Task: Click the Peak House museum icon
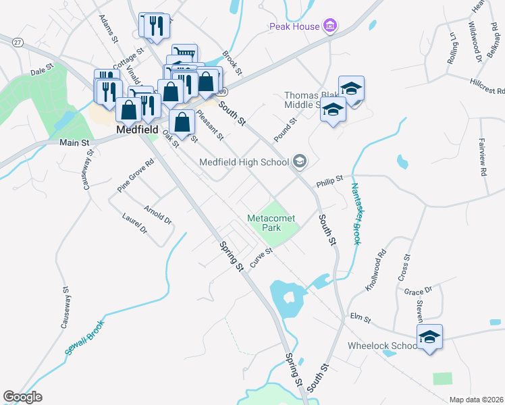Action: tap(329, 26)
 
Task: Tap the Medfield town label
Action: tap(137, 129)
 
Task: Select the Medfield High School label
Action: tap(244, 162)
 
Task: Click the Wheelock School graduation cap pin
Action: tap(429, 337)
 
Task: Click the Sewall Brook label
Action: tap(84, 337)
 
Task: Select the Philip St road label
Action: tap(330, 181)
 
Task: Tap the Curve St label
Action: tap(261, 257)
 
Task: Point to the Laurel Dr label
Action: tap(134, 224)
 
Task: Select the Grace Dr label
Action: tap(418, 292)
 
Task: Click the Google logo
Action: tap(22, 397)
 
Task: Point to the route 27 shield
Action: tap(17, 42)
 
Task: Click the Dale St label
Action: tap(41, 70)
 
